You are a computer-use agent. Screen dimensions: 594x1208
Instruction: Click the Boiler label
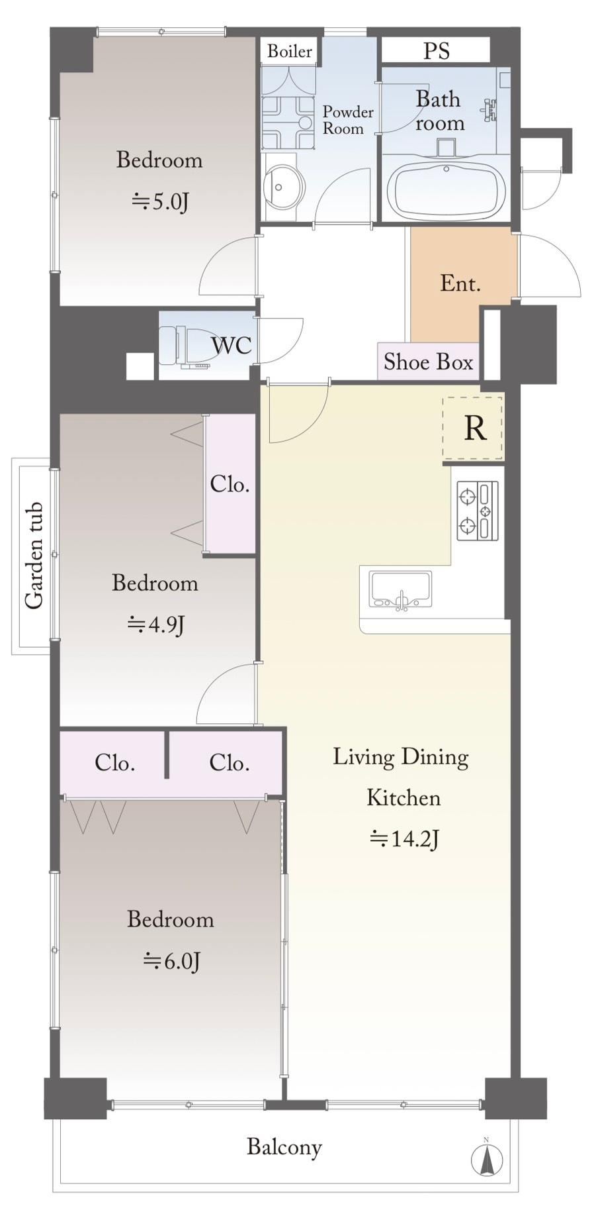[289, 51]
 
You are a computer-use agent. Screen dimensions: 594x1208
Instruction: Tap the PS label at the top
[436, 51]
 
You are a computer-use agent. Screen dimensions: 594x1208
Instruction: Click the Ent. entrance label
[460, 283]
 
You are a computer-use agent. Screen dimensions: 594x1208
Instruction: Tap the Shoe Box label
[428, 362]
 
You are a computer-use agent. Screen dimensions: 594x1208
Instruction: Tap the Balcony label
[284, 1147]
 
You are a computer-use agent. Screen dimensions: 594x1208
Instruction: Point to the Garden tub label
[34, 555]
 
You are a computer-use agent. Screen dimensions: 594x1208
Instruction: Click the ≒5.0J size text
[160, 201]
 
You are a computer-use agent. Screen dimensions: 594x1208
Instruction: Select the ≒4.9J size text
[155, 624]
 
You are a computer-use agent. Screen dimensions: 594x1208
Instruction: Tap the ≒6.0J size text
[171, 960]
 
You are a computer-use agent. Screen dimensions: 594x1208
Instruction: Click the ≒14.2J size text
[404, 839]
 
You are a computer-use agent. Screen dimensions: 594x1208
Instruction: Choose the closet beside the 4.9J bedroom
[230, 484]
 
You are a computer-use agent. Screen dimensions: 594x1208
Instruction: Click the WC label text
[231, 345]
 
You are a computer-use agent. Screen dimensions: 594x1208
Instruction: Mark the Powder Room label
[347, 120]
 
